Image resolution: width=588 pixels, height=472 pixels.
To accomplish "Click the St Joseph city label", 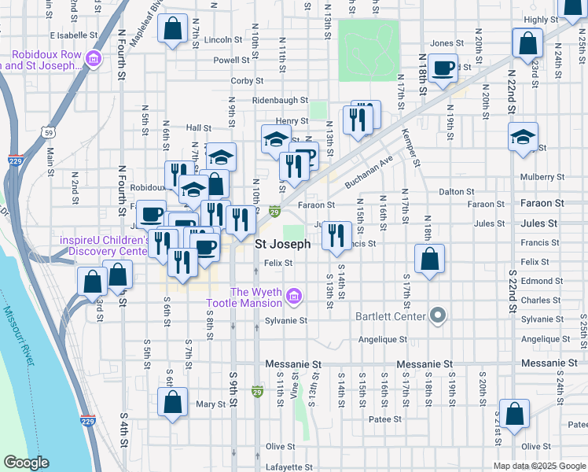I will (283, 245).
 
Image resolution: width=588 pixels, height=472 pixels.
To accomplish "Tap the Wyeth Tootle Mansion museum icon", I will (294, 297).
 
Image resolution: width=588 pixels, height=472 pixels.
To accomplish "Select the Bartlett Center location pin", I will (439, 316).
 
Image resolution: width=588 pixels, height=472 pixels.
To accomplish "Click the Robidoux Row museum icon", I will (94, 59).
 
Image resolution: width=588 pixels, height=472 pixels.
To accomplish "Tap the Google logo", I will (26, 463).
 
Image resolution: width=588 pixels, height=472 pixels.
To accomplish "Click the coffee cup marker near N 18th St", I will (443, 69).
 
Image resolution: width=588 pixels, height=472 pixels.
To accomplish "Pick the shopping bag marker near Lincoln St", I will (171, 31).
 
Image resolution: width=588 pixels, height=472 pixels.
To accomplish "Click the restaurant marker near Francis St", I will (336, 235).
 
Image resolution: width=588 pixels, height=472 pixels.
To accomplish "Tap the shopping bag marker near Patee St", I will (514, 415).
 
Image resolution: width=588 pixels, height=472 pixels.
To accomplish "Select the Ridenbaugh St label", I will (280, 101).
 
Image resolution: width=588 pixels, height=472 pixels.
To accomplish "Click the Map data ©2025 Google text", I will (538, 466).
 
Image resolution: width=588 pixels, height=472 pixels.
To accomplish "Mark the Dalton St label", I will (457, 191).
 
